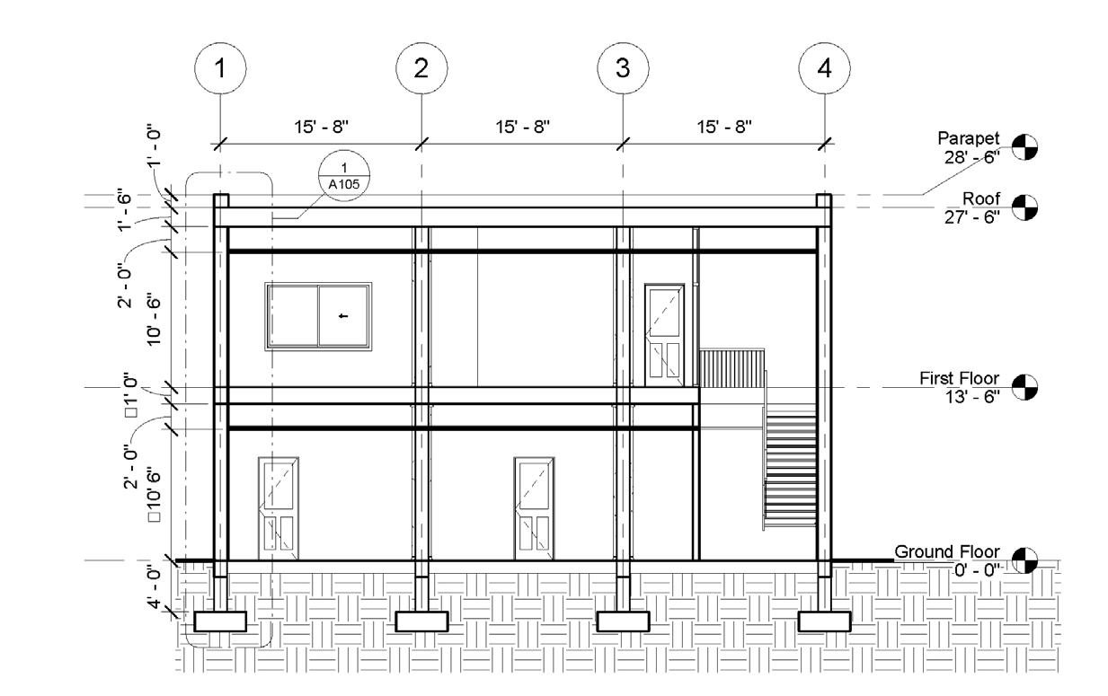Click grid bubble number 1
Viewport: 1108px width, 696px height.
(220, 67)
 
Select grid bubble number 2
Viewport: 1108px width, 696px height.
(421, 67)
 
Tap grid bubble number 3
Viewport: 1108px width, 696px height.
(623, 67)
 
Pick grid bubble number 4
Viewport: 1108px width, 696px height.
(824, 67)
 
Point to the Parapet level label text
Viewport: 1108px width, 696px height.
(968, 139)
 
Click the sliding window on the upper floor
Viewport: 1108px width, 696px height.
(318, 315)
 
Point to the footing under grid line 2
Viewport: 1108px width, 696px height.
(421, 621)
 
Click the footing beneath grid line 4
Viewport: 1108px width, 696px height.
(824, 621)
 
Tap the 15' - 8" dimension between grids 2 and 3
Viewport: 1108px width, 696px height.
(522, 127)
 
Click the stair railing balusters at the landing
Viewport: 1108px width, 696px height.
(732, 369)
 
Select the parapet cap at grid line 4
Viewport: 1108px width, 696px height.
(824, 200)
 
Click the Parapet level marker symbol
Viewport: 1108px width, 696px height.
(1024, 145)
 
